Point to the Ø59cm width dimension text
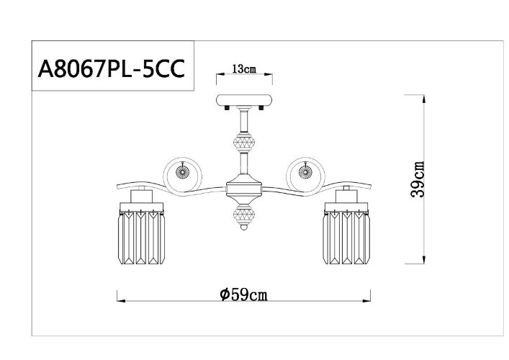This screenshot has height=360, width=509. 244,294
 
